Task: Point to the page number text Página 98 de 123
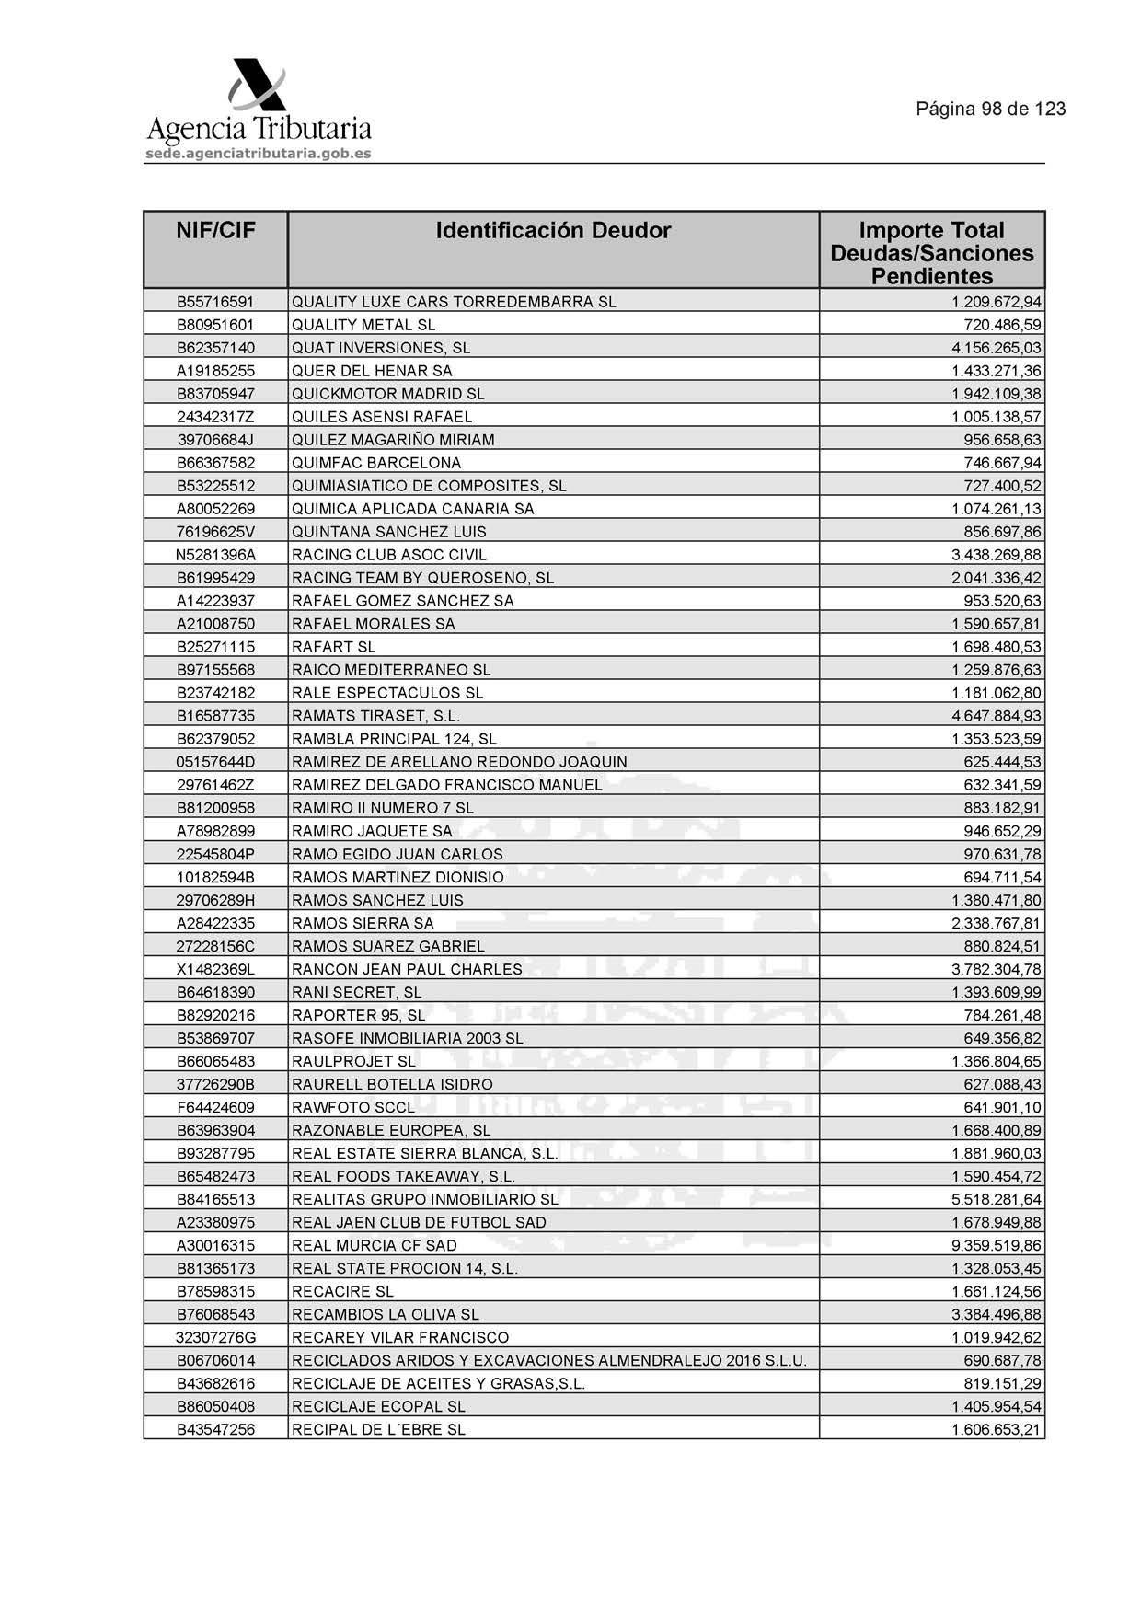pyautogui.click(x=990, y=110)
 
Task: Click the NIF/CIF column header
pyautogui.click(x=215, y=230)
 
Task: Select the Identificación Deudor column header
pyautogui.click(x=553, y=230)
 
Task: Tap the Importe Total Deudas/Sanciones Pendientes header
pyautogui.click(x=931, y=253)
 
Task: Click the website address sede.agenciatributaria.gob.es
pyautogui.click(x=259, y=154)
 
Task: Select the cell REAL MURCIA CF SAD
pyautogui.click(x=375, y=1245)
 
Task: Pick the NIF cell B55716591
pyautogui.click(x=215, y=302)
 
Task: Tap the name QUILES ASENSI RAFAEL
pyautogui.click(x=382, y=417)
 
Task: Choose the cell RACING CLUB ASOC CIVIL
pyautogui.click(x=389, y=555)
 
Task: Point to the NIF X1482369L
pyautogui.click(x=215, y=969)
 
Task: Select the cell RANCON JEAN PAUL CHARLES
pyautogui.click(x=407, y=969)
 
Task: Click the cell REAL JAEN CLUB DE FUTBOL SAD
pyautogui.click(x=419, y=1222)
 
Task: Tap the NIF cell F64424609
pyautogui.click(x=215, y=1107)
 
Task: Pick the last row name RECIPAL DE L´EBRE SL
pyautogui.click(x=378, y=1429)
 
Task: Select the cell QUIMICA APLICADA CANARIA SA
pyautogui.click(x=412, y=509)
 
